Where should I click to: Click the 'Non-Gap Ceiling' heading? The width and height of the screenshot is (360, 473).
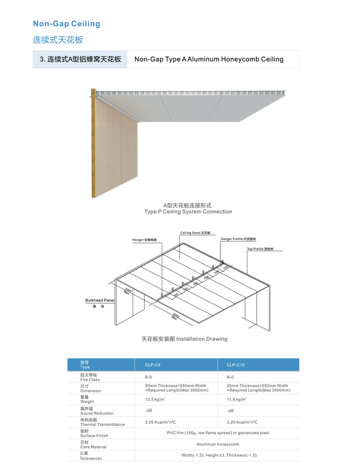click(x=66, y=24)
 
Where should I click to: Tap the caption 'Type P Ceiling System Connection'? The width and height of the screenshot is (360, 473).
click(x=188, y=212)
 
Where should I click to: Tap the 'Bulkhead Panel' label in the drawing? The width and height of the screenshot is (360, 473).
click(x=100, y=300)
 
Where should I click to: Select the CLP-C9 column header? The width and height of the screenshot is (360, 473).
click(x=153, y=365)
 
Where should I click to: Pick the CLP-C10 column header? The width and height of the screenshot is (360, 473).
click(x=236, y=365)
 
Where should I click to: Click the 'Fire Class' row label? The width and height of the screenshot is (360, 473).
click(x=90, y=377)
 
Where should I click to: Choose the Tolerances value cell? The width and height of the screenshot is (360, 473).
click(x=218, y=455)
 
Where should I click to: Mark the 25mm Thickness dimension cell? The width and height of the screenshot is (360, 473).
click(x=258, y=388)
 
